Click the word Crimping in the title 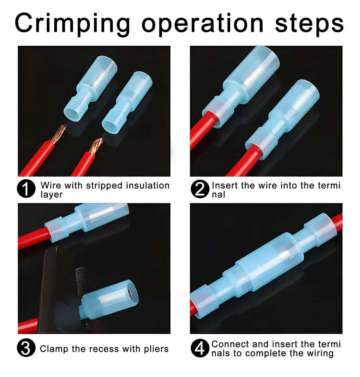pyautogui.click(x=72, y=24)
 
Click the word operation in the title pyautogui.click(x=202, y=24)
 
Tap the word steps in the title pyautogui.click(x=309, y=24)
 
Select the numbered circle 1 pyautogui.click(x=26, y=189)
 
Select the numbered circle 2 pyautogui.click(x=200, y=189)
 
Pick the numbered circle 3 pyautogui.click(x=26, y=348)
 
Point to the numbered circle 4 pyautogui.click(x=200, y=348)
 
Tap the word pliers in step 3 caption pyautogui.click(x=156, y=349)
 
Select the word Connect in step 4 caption pyautogui.click(x=231, y=344)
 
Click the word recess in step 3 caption pyautogui.click(x=104, y=349)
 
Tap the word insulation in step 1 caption pyautogui.click(x=148, y=186)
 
